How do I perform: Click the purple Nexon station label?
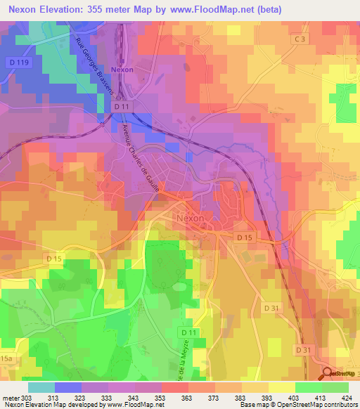tap(122, 70)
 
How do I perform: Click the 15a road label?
tap(6, 358)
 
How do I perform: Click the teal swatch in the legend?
tap(41, 387)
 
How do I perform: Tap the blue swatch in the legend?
tap(68, 387)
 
